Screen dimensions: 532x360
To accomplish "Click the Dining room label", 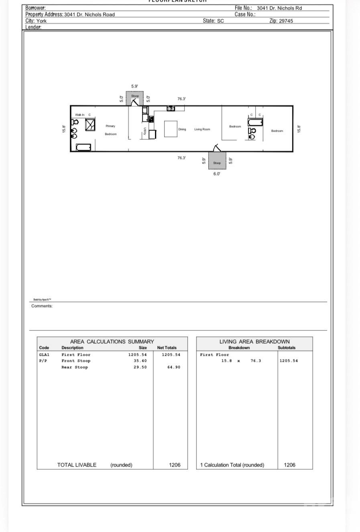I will [x=182, y=129].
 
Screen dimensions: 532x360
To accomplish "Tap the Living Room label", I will [x=202, y=129].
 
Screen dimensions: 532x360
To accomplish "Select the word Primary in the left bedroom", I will [x=110, y=126].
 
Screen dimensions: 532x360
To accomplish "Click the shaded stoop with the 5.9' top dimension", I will [x=135, y=98].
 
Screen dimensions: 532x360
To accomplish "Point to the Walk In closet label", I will [x=80, y=115].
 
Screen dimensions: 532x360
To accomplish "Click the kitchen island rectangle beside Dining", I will [x=171, y=129].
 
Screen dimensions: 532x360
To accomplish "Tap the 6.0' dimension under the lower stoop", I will [x=217, y=174].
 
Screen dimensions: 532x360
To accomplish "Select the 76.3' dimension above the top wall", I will [x=181, y=99].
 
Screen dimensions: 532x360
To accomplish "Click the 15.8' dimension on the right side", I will [x=299, y=129].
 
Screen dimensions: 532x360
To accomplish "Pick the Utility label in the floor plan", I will [x=144, y=131].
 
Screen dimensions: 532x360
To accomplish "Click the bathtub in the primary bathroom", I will [x=83, y=147].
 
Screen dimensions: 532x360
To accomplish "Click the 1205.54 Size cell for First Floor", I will [x=137, y=355].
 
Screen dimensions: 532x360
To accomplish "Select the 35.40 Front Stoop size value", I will [x=140, y=361].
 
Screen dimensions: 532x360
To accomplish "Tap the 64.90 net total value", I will [x=174, y=367].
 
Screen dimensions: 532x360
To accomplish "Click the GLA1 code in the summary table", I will [x=44, y=355].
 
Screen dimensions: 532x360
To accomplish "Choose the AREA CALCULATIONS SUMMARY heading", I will [x=112, y=341].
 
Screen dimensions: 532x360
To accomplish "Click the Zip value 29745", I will [x=286, y=21].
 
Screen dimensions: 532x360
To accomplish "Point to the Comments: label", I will [x=42, y=306].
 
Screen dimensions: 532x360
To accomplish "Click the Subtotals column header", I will [x=287, y=348].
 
